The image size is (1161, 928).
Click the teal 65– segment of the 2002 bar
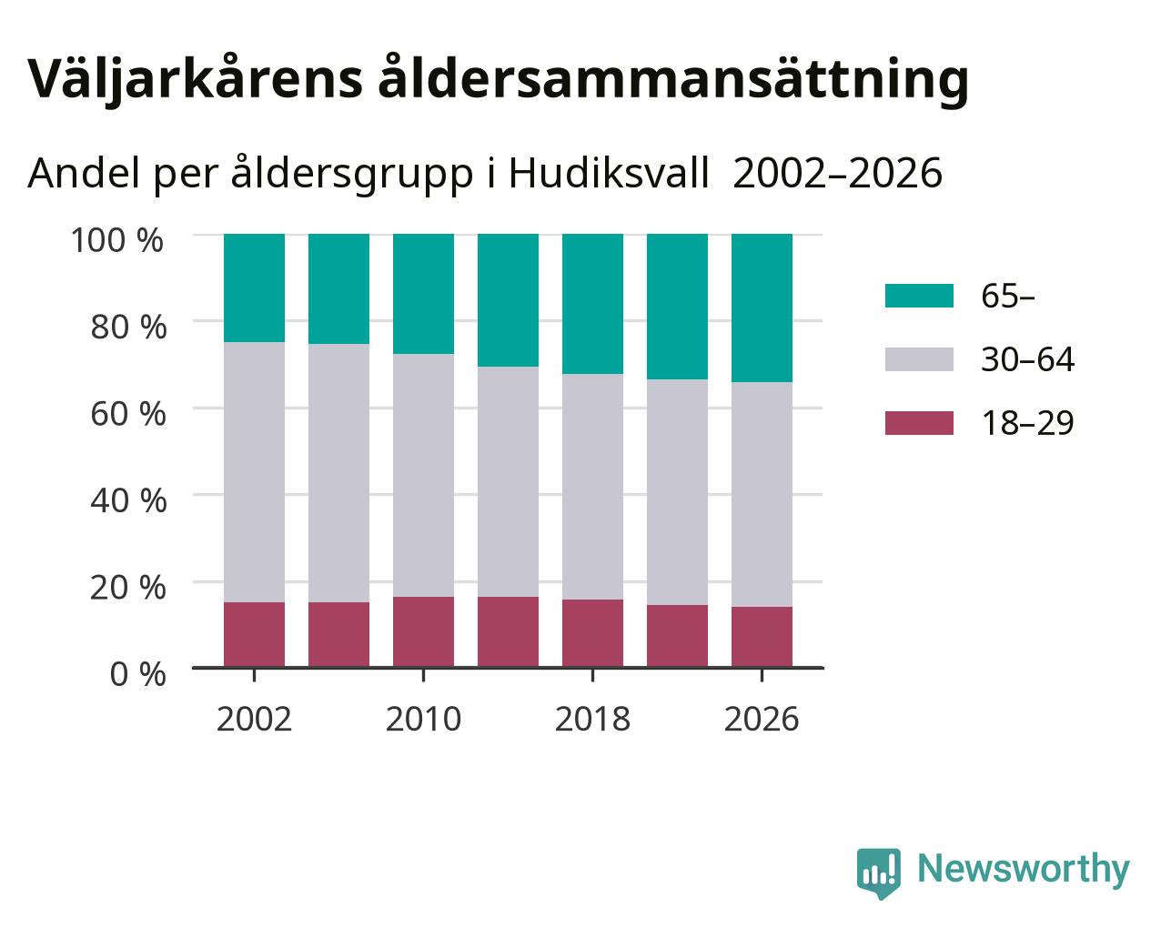(254, 288)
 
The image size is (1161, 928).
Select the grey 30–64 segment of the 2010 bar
(423, 475)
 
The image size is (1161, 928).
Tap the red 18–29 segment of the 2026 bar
(762, 637)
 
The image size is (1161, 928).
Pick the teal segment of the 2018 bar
(592, 304)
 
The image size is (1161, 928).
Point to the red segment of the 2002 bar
(254, 635)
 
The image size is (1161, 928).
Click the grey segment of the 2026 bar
(762, 495)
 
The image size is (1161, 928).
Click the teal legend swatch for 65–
(919, 296)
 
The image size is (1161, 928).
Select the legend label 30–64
(1027, 359)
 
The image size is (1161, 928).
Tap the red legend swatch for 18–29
(919, 423)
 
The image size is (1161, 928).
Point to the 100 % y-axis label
(117, 240)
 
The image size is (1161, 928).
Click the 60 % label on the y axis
(128, 414)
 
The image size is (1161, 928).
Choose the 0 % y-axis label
(137, 674)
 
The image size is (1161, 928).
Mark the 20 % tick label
(128, 588)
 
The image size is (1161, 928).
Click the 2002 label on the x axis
(254, 719)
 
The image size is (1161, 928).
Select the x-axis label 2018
(592, 719)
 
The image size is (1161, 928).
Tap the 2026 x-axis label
(762, 719)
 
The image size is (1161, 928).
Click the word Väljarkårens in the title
(195, 79)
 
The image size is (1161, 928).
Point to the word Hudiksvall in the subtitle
(609, 173)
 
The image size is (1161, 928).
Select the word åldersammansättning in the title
(673, 79)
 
